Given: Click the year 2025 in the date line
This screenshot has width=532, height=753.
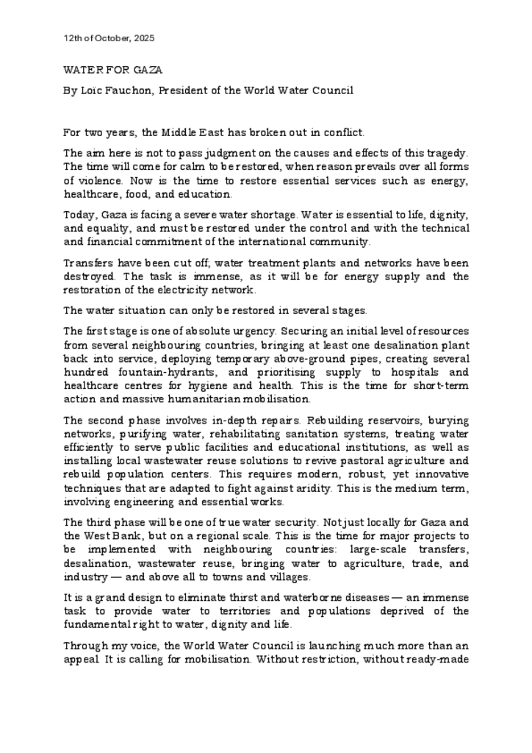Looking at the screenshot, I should point(144,38).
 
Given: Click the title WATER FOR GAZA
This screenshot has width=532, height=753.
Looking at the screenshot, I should point(112,70).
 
